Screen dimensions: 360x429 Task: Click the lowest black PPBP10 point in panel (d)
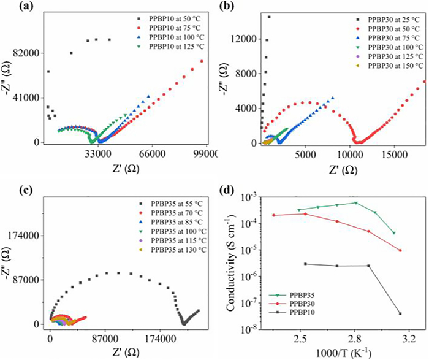point(400,313)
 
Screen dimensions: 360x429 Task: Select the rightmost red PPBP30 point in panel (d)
point(400,250)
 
